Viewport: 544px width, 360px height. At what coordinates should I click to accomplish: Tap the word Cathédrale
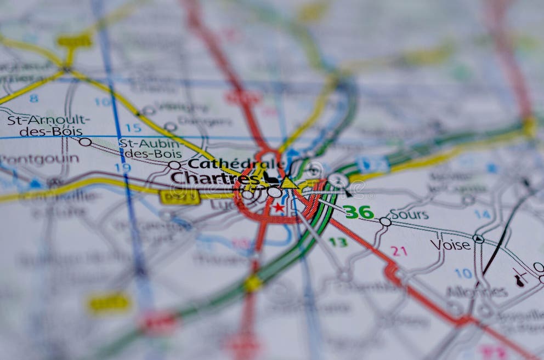pyautogui.click(x=236, y=164)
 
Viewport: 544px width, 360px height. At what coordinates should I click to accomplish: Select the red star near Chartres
pyautogui.click(x=279, y=207)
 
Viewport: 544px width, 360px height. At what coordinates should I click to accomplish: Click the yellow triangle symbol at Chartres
pyautogui.click(x=288, y=183)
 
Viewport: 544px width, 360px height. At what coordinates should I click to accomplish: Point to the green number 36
pyautogui.click(x=359, y=212)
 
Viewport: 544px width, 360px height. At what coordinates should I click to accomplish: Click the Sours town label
pyautogui.click(x=409, y=214)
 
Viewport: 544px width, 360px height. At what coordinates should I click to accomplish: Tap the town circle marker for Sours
pyautogui.click(x=385, y=222)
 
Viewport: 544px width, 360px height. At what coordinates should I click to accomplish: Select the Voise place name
pyautogui.click(x=451, y=244)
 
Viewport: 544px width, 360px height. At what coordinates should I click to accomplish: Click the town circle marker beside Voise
pyautogui.click(x=478, y=239)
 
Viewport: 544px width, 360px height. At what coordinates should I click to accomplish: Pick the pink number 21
pyautogui.click(x=399, y=250)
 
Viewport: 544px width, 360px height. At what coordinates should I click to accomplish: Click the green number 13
pyautogui.click(x=338, y=242)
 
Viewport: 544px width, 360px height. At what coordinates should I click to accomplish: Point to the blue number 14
pyautogui.click(x=483, y=214)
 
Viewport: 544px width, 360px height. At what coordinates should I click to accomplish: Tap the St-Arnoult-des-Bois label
pyautogui.click(x=48, y=125)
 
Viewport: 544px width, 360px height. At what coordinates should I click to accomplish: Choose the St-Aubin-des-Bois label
pyautogui.click(x=150, y=148)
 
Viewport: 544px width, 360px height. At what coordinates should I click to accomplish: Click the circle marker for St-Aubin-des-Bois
pyautogui.click(x=174, y=165)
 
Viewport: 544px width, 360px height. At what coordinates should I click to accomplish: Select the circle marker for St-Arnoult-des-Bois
pyautogui.click(x=85, y=142)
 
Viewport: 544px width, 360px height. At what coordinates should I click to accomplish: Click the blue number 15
pyautogui.click(x=133, y=128)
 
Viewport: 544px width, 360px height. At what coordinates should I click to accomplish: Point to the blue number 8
pyautogui.click(x=34, y=99)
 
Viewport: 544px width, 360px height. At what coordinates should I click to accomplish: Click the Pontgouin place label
pyautogui.click(x=39, y=159)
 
